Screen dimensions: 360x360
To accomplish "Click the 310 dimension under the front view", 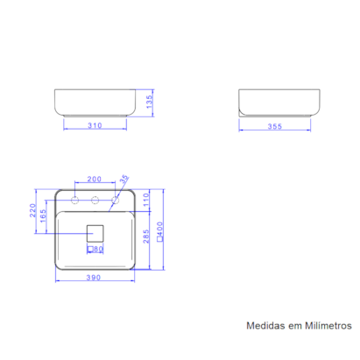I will coord(96,126).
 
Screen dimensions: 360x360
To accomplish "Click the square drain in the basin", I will coord(95,233).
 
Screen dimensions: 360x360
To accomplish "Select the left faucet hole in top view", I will coord(75,201).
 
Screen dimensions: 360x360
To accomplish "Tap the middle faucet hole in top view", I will coord(95,201).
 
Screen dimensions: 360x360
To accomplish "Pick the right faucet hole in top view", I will coord(114,201).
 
